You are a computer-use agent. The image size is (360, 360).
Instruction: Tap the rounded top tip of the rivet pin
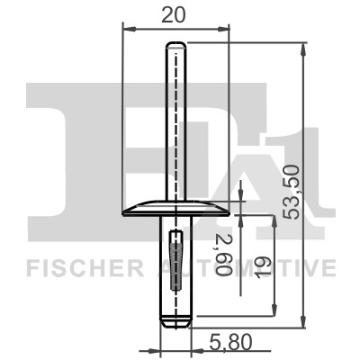[x=176, y=46]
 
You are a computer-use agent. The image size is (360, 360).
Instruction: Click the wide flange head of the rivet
[x=175, y=208]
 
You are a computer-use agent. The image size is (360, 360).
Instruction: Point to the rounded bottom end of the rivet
[x=175, y=319]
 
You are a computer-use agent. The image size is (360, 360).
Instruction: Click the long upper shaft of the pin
[x=176, y=126]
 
